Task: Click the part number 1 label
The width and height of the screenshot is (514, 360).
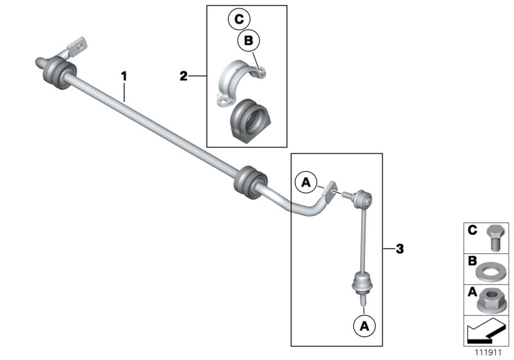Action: coord(125,76)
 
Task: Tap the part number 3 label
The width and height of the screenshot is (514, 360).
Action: coord(400,248)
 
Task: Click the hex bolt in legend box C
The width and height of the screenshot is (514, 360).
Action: coord(494,238)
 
